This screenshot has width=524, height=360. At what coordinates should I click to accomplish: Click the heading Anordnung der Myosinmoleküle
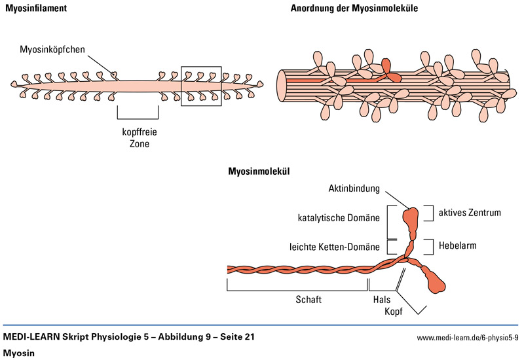pos(354,9)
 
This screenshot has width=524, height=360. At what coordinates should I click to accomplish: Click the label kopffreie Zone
pos(139,137)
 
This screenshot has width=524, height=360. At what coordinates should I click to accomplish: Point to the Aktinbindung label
pos(354,189)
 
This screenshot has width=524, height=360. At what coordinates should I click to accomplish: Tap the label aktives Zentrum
pos(470,213)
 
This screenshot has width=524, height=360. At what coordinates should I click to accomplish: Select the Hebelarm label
pos(458,246)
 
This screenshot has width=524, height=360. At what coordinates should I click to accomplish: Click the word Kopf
pos(392,312)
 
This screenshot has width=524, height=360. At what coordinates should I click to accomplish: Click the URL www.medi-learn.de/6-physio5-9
pos(467,338)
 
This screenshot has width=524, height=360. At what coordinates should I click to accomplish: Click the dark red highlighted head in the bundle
pos(388,66)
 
